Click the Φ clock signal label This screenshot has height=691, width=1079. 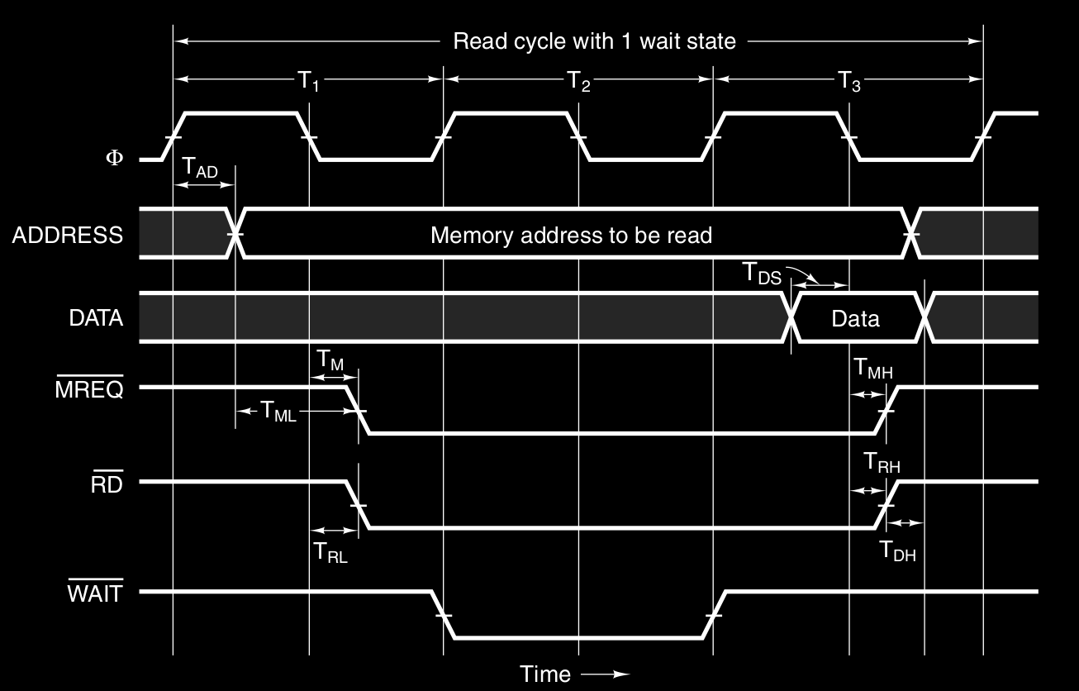pyautogui.click(x=113, y=157)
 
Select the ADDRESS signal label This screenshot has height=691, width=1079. pyautogui.click(x=67, y=235)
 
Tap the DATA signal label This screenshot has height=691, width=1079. pyautogui.click(x=96, y=317)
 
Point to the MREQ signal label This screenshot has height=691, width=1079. pyautogui.click(x=88, y=389)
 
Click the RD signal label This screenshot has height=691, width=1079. pyautogui.click(x=107, y=484)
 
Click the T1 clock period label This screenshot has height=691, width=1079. pyautogui.click(x=308, y=80)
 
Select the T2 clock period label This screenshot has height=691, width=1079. pyautogui.click(x=578, y=80)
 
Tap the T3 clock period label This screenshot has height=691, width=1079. pyautogui.click(x=849, y=80)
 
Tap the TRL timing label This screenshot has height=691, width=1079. pyautogui.click(x=330, y=552)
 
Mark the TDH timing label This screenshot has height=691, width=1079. pyautogui.click(x=897, y=550)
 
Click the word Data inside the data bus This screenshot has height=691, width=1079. pyautogui.click(x=855, y=318)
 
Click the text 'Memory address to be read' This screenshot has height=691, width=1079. pyautogui.click(x=571, y=235)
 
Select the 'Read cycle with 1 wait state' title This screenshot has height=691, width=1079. pyautogui.click(x=594, y=41)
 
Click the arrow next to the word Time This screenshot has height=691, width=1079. pyautogui.click(x=605, y=674)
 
